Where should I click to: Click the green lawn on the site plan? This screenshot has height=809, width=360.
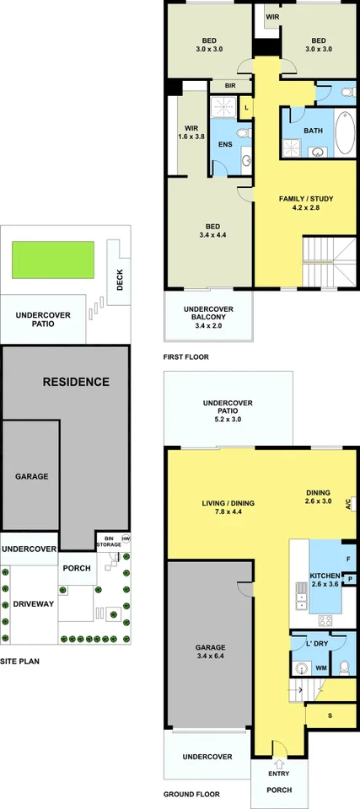point(52,260)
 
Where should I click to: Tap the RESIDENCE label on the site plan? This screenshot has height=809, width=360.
point(76,382)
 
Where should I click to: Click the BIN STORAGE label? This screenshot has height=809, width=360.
point(107,541)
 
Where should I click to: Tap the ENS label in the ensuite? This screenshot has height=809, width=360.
point(225,144)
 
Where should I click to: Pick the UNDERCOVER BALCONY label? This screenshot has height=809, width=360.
point(207,314)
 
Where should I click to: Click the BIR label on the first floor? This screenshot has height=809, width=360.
point(229,86)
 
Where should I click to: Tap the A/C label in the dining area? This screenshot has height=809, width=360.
point(352,503)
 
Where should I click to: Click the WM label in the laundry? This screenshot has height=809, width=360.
point(320,667)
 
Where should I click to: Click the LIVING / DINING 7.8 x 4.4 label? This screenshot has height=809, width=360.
point(228,508)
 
